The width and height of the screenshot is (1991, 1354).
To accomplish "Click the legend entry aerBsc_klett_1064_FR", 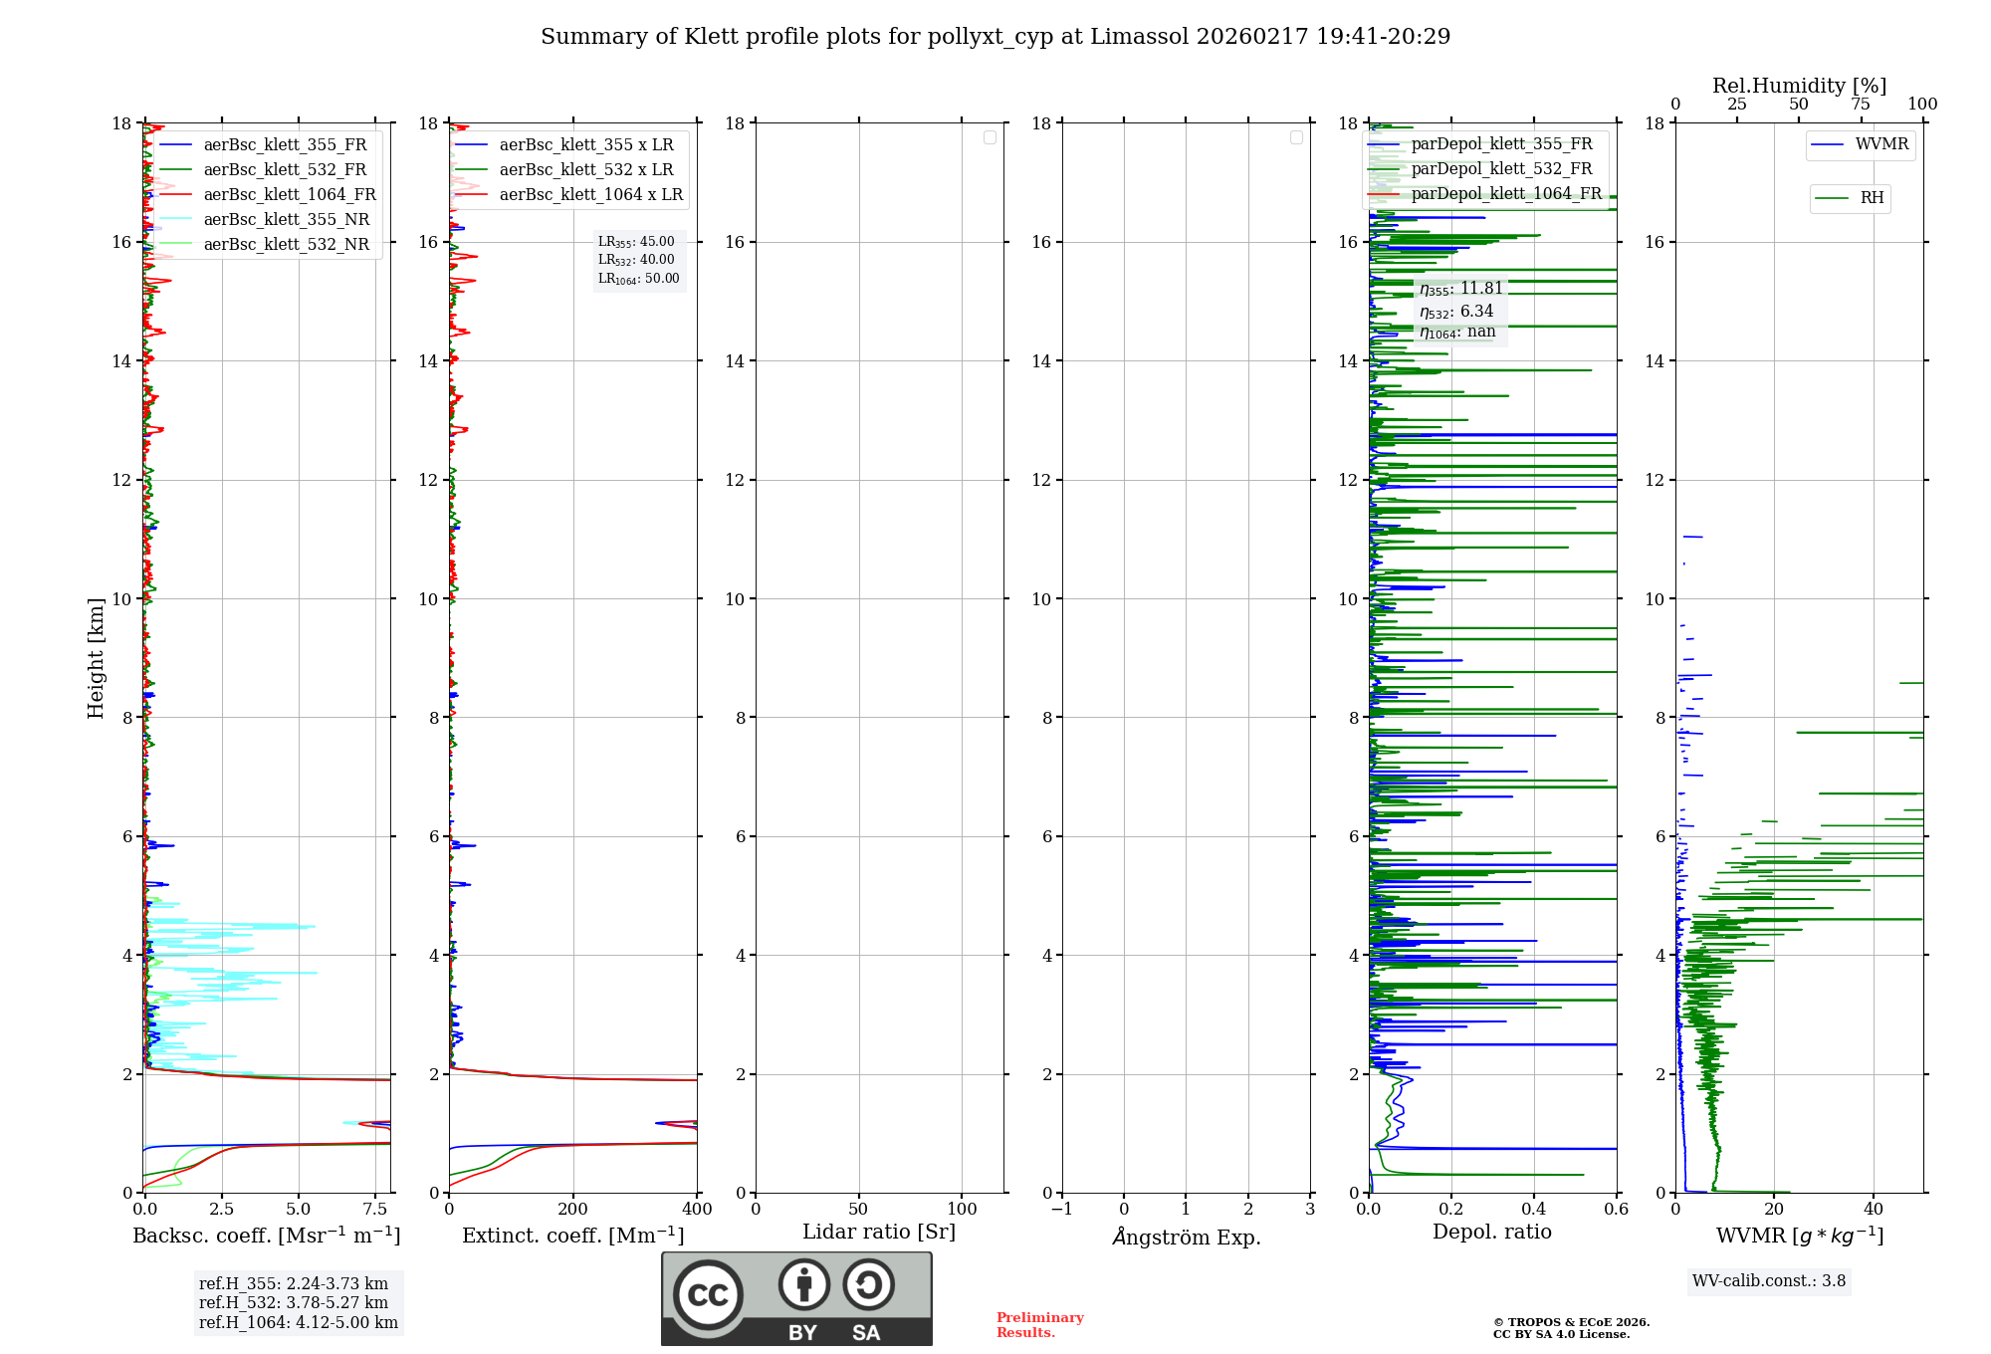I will [x=290, y=195].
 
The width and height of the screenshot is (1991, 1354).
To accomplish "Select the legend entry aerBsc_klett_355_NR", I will [x=286, y=220].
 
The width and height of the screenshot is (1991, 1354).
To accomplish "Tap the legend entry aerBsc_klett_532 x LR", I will [x=585, y=170].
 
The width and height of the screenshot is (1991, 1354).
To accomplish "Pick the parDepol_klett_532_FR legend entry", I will [x=1501, y=169].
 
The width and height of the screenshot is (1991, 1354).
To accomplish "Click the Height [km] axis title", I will [x=96, y=658].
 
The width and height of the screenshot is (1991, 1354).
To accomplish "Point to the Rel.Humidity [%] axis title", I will [x=1799, y=86].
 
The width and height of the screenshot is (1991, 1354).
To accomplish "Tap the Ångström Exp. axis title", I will [x=1186, y=1238].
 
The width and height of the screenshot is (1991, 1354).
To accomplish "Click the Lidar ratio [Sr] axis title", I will [x=879, y=1233].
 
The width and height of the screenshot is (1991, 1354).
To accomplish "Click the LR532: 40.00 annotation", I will [x=636, y=260].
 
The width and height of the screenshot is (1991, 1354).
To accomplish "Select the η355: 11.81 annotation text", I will [x=1460, y=289].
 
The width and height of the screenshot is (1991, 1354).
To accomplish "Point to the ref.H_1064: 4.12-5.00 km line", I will [x=298, y=1323].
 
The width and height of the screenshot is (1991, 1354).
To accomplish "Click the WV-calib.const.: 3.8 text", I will [x=1768, y=1281].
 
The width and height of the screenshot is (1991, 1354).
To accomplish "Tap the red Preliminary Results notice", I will [x=1039, y=1325].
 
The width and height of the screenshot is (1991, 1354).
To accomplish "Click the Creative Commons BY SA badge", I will [x=796, y=1298].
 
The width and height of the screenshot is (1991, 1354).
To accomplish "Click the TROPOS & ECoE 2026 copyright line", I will [x=1571, y=1322].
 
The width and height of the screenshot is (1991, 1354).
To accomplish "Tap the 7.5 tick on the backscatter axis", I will [x=375, y=1210].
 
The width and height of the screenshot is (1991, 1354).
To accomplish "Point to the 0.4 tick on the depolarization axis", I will [x=1534, y=1210].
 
